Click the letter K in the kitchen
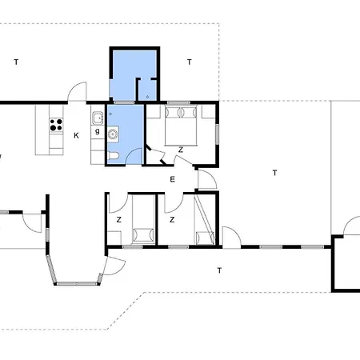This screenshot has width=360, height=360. click(x=76, y=135)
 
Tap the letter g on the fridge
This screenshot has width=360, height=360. click(x=98, y=131)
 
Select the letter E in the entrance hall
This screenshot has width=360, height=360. click(x=172, y=179)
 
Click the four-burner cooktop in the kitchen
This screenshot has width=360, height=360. click(x=56, y=125)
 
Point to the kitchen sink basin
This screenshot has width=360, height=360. click(x=98, y=118)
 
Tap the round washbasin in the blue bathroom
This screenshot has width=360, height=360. click(x=113, y=134)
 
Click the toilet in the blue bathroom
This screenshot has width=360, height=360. click(x=113, y=156)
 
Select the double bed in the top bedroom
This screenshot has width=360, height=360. click(x=181, y=126)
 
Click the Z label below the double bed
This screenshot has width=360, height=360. click(x=181, y=150)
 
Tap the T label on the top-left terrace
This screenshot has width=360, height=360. click(x=16, y=62)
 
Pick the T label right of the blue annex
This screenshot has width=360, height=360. click(x=190, y=62)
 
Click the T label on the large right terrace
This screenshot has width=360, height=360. click(x=274, y=173)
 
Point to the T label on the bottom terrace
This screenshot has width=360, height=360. click(x=219, y=270)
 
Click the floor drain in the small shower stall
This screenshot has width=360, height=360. click(x=147, y=97)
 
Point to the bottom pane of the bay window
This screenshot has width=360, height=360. click(x=77, y=283)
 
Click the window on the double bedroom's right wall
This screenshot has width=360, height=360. click(x=218, y=134)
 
